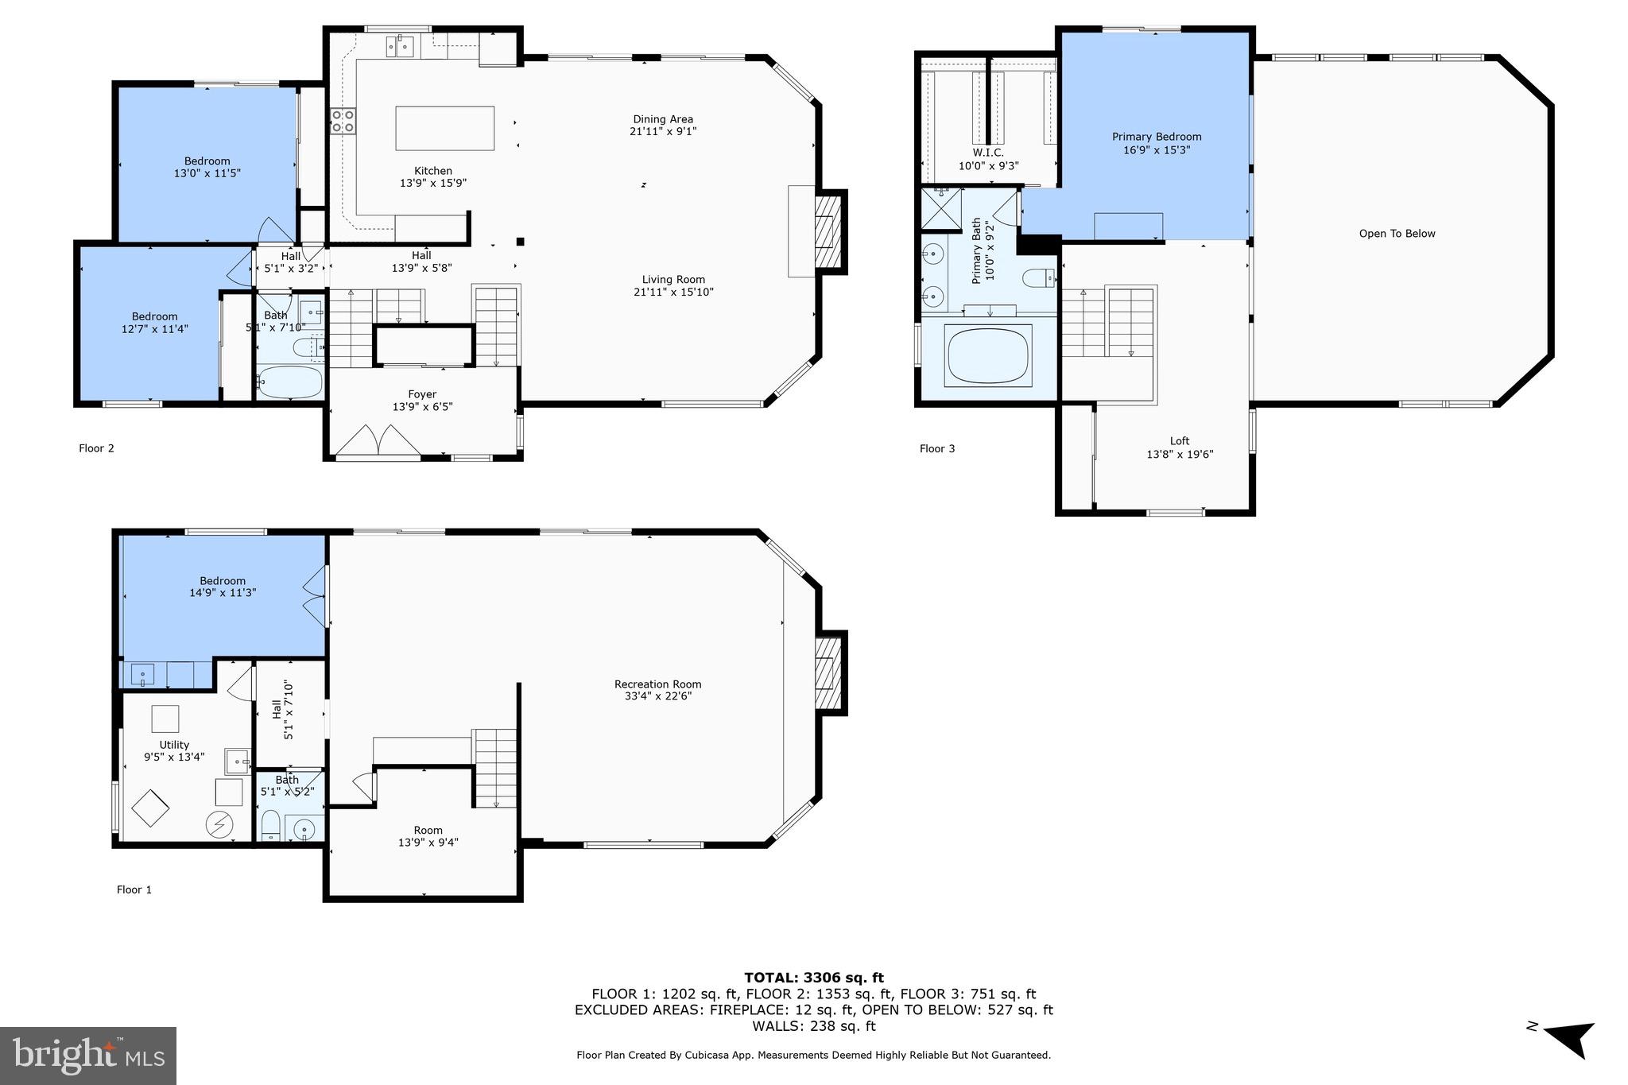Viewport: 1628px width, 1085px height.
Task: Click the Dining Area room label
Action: click(662, 120)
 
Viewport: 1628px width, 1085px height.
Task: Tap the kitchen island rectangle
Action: click(444, 128)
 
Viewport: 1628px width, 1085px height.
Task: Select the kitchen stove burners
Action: click(343, 121)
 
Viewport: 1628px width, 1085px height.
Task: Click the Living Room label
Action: click(673, 280)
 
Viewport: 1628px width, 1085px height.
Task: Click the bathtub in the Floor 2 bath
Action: click(290, 382)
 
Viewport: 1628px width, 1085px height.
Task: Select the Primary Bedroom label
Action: click(1156, 137)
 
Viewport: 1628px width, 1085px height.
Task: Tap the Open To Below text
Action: click(1397, 234)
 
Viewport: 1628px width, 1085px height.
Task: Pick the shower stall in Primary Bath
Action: click(941, 208)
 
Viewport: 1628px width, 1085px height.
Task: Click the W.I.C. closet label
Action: click(988, 153)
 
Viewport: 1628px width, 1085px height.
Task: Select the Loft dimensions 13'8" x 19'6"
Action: click(1180, 455)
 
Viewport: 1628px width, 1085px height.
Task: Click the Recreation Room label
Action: click(657, 684)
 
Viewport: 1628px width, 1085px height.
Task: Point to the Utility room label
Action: click(174, 745)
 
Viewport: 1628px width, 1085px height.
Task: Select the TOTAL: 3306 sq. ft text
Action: click(813, 978)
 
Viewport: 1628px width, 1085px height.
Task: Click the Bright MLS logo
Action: click(88, 1056)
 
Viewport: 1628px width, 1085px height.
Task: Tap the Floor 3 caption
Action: click(937, 449)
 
